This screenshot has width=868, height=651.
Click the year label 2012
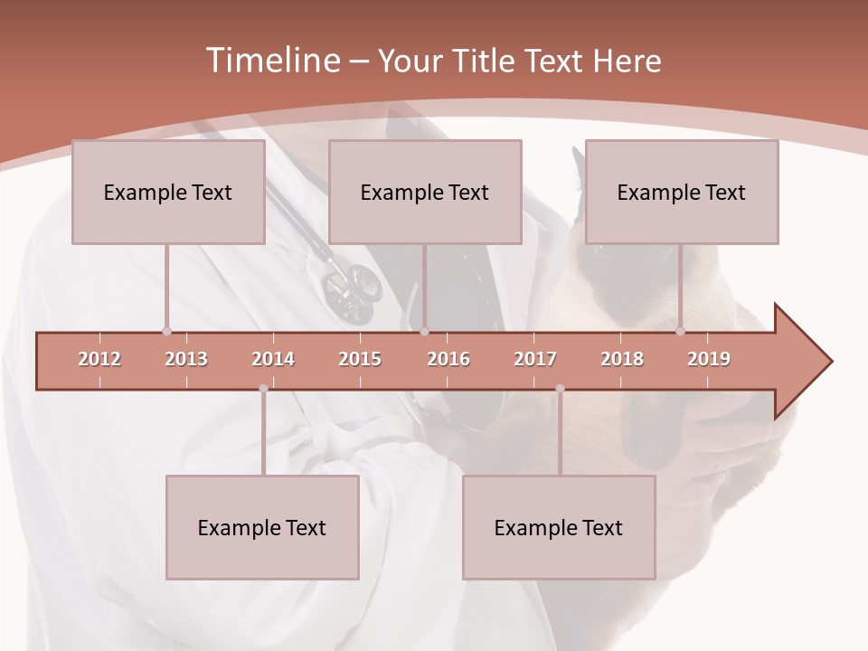(x=99, y=359)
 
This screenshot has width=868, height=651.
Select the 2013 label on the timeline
(x=186, y=359)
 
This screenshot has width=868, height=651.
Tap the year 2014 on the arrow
(x=273, y=359)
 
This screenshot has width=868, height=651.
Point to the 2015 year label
(x=360, y=359)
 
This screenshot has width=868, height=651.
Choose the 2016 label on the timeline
(x=448, y=359)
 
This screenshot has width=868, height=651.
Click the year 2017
(x=535, y=359)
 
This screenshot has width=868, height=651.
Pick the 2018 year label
(x=622, y=359)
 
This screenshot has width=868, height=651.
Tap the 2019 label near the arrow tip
(x=709, y=359)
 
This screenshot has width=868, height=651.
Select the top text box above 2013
(x=168, y=192)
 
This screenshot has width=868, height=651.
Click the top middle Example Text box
(x=425, y=192)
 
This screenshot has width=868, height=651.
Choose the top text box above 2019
(x=682, y=192)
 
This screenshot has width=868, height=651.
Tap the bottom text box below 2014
(x=262, y=527)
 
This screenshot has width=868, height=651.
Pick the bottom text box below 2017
(x=559, y=527)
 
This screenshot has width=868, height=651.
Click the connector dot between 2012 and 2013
(x=166, y=332)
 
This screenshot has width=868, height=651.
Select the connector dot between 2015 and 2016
(x=425, y=332)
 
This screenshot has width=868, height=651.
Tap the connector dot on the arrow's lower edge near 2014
(x=263, y=389)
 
